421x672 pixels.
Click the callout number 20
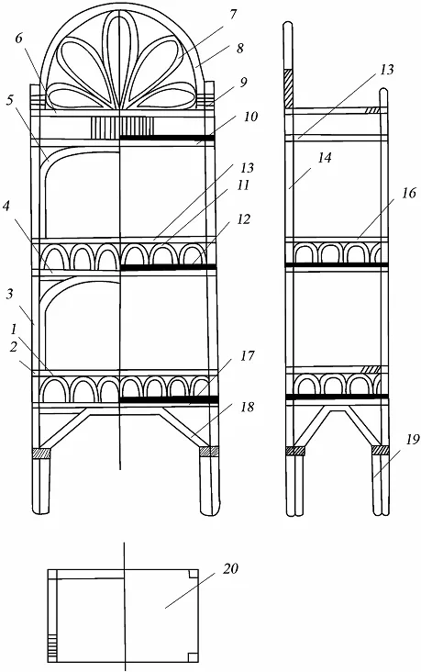(x=230, y=568)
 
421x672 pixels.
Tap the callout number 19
(x=411, y=440)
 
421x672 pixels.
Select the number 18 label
(x=247, y=407)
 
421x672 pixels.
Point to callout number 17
(x=247, y=355)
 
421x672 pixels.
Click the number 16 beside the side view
(x=409, y=193)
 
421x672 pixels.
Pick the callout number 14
(x=325, y=158)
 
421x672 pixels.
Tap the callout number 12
(x=243, y=219)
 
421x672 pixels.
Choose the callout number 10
(x=250, y=117)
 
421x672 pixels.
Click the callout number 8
(x=239, y=48)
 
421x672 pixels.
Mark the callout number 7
(x=233, y=14)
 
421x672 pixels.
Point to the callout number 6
(x=19, y=39)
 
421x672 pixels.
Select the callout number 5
(x=10, y=99)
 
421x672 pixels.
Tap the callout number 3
(x=10, y=295)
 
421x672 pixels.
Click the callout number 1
(x=14, y=330)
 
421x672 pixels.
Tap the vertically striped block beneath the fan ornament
(x=121, y=128)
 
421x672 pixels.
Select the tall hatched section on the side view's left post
(x=288, y=88)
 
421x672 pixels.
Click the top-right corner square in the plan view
(x=194, y=575)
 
